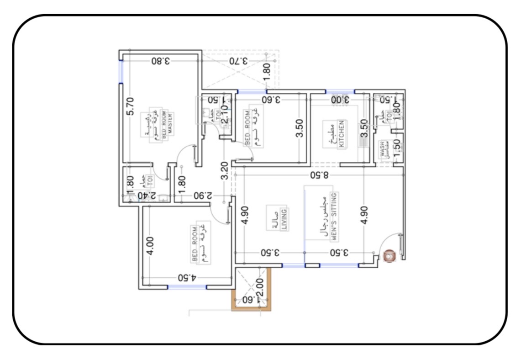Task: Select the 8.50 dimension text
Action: coord(320,175)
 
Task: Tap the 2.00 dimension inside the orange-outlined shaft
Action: coord(259,286)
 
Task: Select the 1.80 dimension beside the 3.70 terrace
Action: coord(267,70)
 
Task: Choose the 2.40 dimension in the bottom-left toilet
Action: coord(147,196)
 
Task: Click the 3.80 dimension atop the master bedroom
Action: coord(161,60)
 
